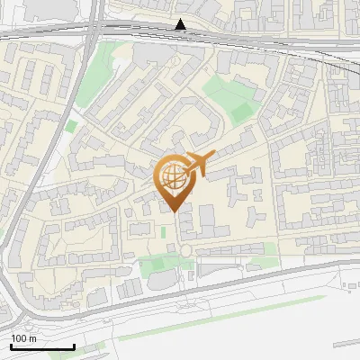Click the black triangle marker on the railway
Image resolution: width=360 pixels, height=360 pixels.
[181, 24]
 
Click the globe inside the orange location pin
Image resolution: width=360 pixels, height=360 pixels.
[173, 175]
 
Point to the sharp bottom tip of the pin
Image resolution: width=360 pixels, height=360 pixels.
[173, 212]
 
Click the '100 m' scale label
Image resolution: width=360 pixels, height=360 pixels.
[23, 338]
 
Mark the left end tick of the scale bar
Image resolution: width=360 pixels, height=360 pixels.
[10, 346]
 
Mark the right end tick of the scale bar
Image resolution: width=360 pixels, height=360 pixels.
[74, 346]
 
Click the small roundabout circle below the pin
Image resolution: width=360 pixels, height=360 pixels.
[185, 249]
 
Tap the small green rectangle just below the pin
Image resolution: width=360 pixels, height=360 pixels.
[164, 232]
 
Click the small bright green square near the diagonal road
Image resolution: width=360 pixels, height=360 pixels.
[70, 127]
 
